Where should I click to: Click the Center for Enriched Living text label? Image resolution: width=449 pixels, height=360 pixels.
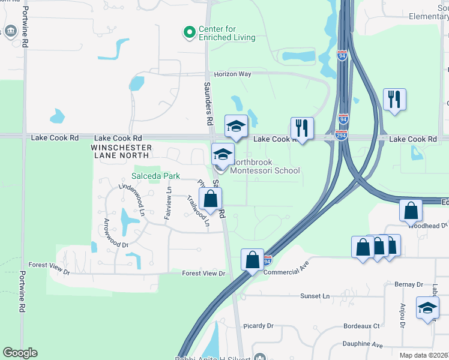point(228,33)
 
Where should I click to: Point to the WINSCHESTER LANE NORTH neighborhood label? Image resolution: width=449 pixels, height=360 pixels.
point(119,151)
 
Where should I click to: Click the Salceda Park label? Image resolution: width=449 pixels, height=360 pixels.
point(156,176)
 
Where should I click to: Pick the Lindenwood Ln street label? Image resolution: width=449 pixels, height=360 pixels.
point(132,199)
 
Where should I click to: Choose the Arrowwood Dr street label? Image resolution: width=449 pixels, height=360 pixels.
point(116,233)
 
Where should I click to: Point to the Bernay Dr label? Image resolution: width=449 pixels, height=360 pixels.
point(409,284)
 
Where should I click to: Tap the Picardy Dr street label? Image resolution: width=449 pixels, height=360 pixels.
point(258,326)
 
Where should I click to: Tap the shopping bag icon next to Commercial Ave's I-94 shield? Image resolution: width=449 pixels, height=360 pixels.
point(253,260)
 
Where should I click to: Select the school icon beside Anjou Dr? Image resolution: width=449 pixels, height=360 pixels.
point(427,308)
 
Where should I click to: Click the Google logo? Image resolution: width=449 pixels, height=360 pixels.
point(20,353)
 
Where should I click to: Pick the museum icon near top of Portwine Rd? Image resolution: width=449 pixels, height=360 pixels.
point(10,31)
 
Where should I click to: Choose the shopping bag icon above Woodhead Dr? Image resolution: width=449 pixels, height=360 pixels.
point(411,211)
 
